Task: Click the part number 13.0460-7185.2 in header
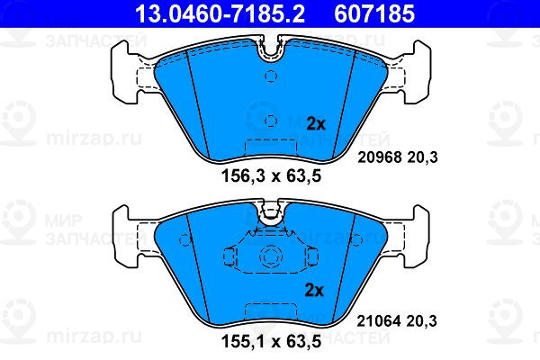pos(220,13)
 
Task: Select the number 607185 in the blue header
pos(374,13)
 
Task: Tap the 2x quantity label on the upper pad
pos(316,123)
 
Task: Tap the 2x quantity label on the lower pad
pos(314,291)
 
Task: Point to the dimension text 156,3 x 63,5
pos(271,176)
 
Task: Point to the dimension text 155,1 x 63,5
pos(271,341)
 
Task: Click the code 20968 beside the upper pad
pos(380,157)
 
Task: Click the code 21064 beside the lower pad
pos(379,321)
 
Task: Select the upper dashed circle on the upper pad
pos(271,76)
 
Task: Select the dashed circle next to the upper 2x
pos(271,121)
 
